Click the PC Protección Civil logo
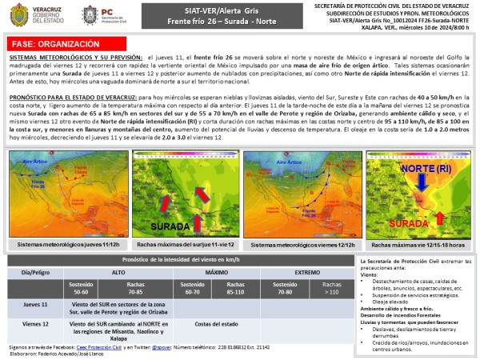click(90, 14)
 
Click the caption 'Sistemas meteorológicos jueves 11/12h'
click(62, 243)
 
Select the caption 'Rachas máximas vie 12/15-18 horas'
click(415, 243)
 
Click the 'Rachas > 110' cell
click(329, 287)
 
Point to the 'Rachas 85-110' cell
click(235, 287)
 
